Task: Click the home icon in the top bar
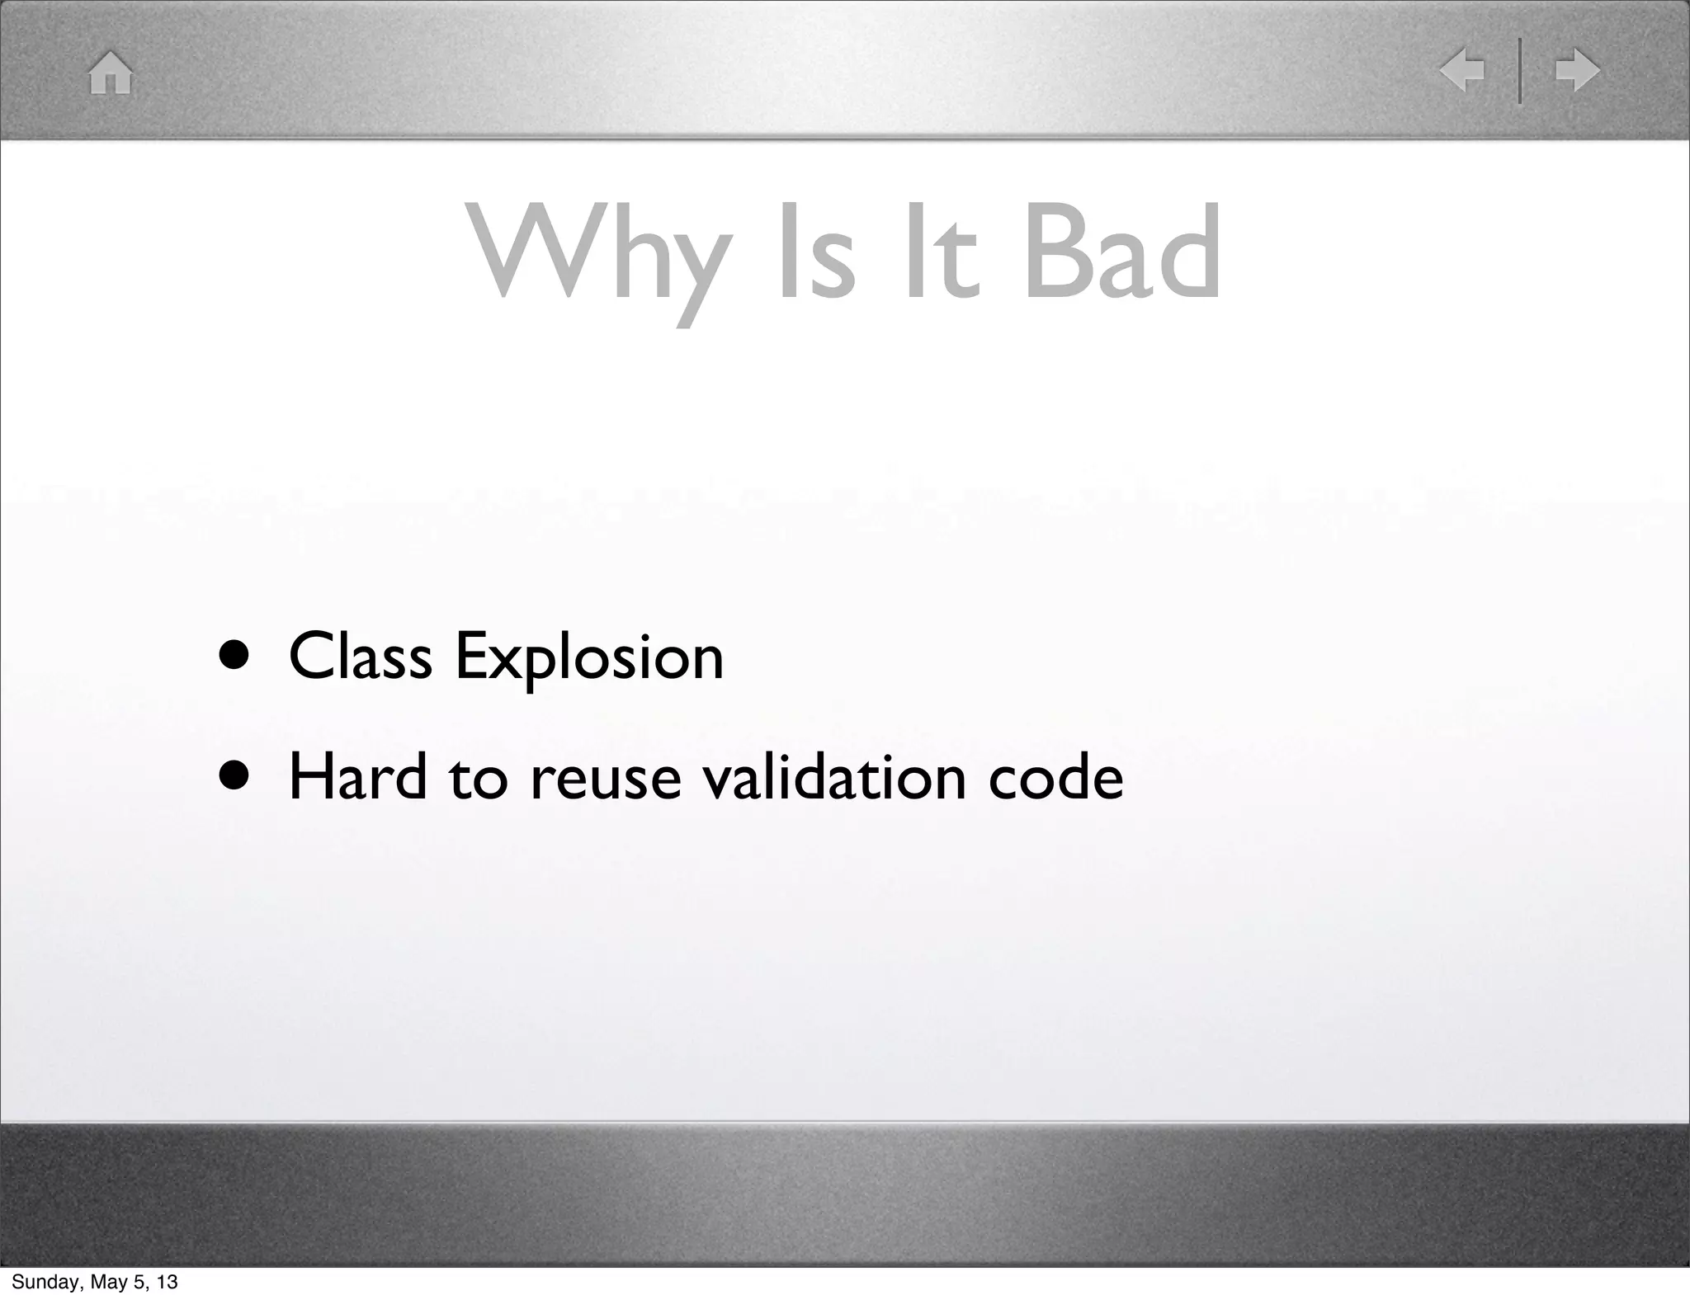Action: pyautogui.click(x=111, y=73)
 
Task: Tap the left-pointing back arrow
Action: pyautogui.click(x=1462, y=70)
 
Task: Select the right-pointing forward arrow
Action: pyautogui.click(x=1577, y=70)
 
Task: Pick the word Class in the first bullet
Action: pyautogui.click(x=361, y=657)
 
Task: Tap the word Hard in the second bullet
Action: pyautogui.click(x=357, y=777)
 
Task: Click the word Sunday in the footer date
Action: pyautogui.click(x=44, y=1282)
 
